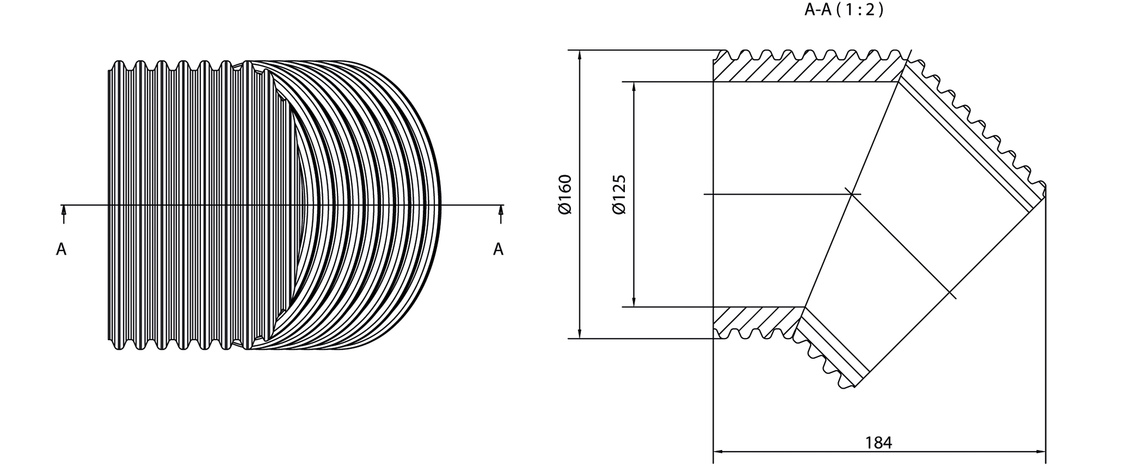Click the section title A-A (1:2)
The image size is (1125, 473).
pyautogui.click(x=844, y=10)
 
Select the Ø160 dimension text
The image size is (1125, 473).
pyautogui.click(x=565, y=195)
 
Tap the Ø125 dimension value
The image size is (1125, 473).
pyautogui.click(x=619, y=195)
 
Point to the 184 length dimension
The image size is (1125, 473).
pyautogui.click(x=879, y=443)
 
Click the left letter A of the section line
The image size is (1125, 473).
pyautogui.click(x=61, y=249)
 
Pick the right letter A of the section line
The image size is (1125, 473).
pyautogui.click(x=498, y=249)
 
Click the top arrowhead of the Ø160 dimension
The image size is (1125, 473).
pyautogui.click(x=579, y=55)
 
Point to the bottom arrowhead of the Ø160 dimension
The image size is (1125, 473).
pyautogui.click(x=579, y=333)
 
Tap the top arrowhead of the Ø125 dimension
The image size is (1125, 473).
pyautogui.click(x=634, y=87)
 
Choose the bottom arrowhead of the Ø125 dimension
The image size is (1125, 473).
pyautogui.click(x=634, y=301)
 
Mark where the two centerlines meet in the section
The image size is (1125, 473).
pyautogui.click(x=853, y=195)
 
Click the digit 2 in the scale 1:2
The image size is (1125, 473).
pyautogui.click(x=870, y=10)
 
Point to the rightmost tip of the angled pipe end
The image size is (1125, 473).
pyautogui.click(x=1045, y=186)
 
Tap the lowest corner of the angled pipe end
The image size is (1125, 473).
pyautogui.click(x=854, y=387)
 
